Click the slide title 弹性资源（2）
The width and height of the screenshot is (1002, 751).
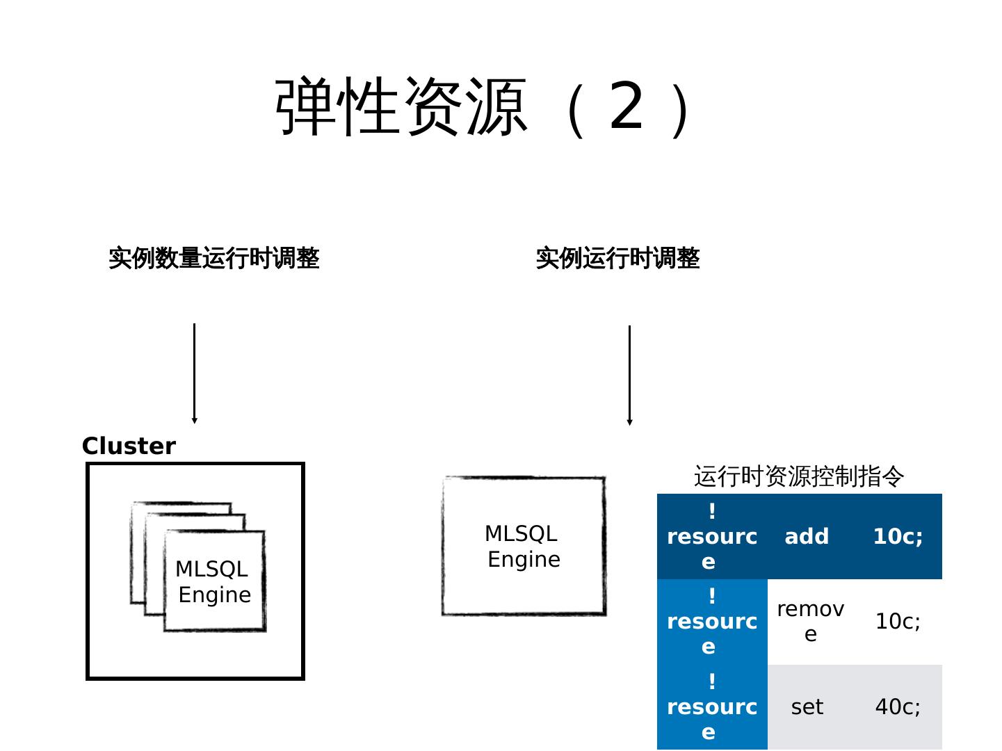[483, 107]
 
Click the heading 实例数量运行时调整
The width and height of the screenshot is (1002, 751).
[213, 258]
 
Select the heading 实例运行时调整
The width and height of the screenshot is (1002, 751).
[617, 258]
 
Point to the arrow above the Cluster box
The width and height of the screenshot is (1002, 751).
[195, 373]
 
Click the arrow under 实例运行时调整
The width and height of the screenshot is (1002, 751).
[629, 375]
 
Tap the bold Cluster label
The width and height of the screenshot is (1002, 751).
[129, 446]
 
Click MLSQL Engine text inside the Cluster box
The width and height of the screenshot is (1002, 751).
[213, 581]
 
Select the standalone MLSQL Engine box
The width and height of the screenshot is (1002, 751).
[524, 546]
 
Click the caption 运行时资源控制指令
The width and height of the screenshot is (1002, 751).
[799, 476]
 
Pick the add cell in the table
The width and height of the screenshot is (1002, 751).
[807, 536]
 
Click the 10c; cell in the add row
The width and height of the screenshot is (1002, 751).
[898, 536]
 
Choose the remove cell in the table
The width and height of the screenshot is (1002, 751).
[810, 622]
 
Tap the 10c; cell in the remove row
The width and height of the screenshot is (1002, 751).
[898, 622]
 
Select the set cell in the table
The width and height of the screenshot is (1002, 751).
[807, 706]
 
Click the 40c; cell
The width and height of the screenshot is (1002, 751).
[898, 706]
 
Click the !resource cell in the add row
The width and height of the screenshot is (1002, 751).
[712, 536]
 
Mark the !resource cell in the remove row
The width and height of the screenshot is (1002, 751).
[712, 622]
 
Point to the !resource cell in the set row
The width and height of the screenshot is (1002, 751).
[712, 706]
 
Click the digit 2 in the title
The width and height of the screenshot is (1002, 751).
[627, 106]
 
